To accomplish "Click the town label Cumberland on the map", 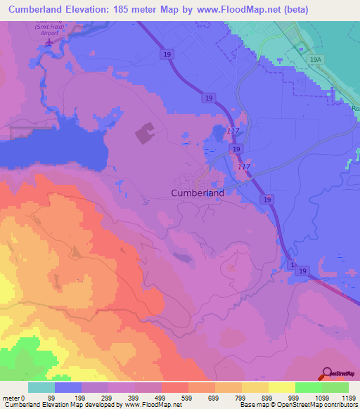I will [x=198, y=193].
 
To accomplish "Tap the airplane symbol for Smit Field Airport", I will [x=49, y=43].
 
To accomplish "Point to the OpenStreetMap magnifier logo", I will [x=327, y=374].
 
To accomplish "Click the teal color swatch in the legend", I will [x=41, y=387].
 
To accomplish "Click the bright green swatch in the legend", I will [x=308, y=387].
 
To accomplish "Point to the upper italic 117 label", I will [x=233, y=131].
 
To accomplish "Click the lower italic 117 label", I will [x=244, y=167].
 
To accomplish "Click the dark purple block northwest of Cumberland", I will [x=144, y=133].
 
